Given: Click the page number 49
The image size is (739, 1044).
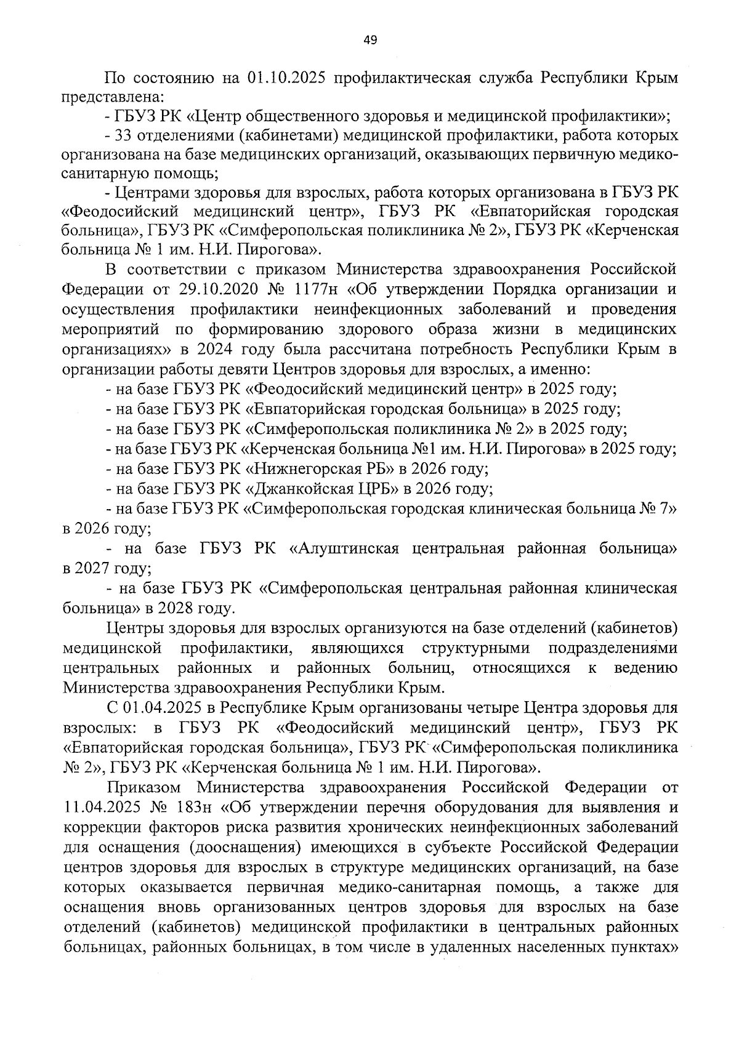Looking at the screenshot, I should (370, 41).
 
